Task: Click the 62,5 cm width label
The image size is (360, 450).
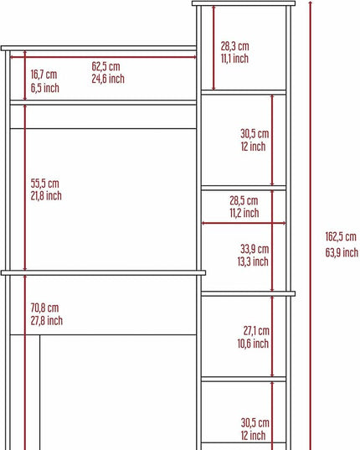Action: tap(105, 66)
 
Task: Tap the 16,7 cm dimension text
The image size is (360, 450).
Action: tap(44, 75)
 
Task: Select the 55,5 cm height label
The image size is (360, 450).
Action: tap(44, 183)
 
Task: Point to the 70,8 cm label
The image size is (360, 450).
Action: tap(44, 308)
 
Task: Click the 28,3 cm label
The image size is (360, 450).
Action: tap(234, 46)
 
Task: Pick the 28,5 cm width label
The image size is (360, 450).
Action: tap(244, 200)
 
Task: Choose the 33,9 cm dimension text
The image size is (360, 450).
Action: tap(255, 249)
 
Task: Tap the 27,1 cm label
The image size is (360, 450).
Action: tap(256, 331)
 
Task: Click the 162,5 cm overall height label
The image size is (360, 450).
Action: tap(341, 237)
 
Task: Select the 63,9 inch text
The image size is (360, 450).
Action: tap(342, 252)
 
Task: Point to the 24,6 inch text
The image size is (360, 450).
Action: tap(108, 79)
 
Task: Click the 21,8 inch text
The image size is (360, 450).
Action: tap(46, 196)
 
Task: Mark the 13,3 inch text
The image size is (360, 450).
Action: tap(253, 261)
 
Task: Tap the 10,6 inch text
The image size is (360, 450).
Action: tap(253, 344)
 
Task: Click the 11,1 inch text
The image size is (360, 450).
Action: tap(234, 59)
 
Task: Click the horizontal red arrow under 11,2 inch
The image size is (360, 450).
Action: tap(244, 223)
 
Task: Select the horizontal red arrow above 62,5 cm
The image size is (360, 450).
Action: tap(103, 57)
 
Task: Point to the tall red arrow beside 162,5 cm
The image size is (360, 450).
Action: tap(310, 225)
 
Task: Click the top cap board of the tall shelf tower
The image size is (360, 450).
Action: tap(244, 3)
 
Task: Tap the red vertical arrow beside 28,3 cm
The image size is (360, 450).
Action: tap(213, 48)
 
